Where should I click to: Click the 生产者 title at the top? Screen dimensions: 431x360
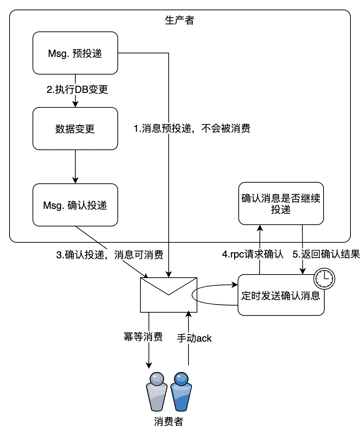coord(180,20)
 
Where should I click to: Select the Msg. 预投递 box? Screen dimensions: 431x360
coord(75,53)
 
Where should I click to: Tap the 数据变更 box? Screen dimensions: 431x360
coord(75,129)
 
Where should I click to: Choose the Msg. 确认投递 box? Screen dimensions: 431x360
coord(75,205)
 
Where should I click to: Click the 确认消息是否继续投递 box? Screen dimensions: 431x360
coord(281,203)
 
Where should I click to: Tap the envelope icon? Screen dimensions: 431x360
coord(169,295)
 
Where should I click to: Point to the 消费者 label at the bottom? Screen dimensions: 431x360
coord(169,421)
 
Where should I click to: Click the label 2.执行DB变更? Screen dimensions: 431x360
coord(77,90)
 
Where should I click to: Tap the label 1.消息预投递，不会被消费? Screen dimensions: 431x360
coord(192,129)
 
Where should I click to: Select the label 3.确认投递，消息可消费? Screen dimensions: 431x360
coord(110,255)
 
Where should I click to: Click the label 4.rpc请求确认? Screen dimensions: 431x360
coord(253,254)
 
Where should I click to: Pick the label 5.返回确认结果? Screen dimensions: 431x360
coord(326,254)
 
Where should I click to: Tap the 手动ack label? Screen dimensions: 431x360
coord(194,338)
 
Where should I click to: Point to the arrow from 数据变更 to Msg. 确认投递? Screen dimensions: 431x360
coord(75,166)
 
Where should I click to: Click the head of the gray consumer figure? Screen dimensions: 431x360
coord(157,379)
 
